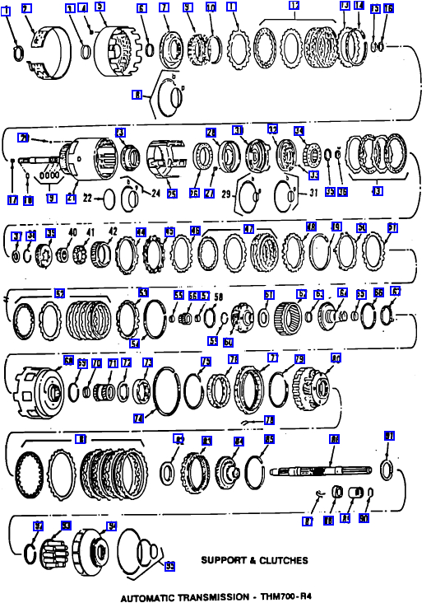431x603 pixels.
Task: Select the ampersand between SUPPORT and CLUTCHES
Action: point(257,561)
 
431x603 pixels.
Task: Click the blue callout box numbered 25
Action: point(171,194)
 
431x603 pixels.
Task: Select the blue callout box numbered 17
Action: point(12,198)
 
